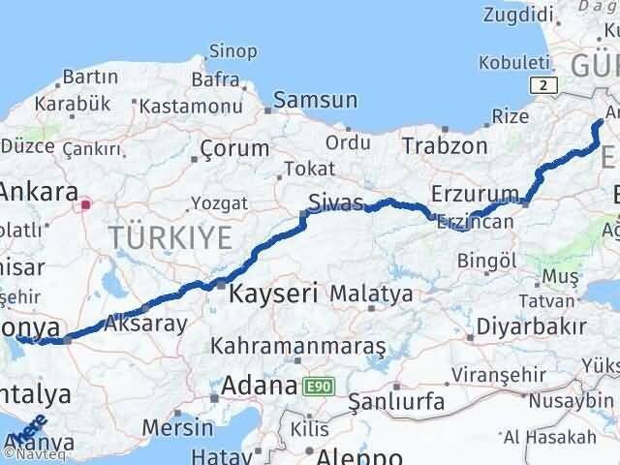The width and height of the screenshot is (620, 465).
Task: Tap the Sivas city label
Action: point(335,202)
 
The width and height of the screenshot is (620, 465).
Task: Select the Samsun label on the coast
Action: point(315,100)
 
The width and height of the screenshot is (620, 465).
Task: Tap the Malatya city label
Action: point(371,292)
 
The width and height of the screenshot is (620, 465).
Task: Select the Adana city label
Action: point(258,386)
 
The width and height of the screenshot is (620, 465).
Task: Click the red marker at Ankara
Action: point(86,204)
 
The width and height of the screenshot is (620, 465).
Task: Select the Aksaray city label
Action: point(144,324)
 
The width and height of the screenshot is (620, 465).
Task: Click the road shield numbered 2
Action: point(549,85)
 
